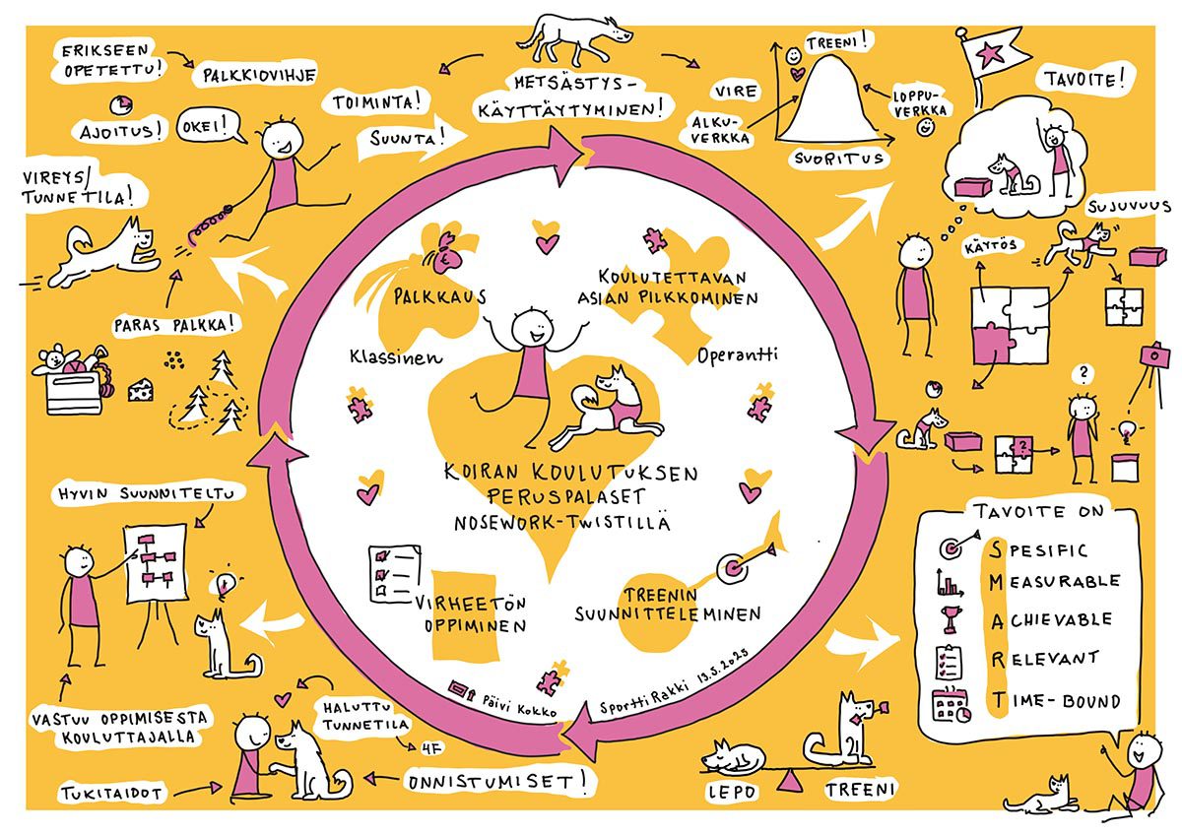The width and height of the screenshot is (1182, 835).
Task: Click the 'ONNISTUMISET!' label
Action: [498, 784]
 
